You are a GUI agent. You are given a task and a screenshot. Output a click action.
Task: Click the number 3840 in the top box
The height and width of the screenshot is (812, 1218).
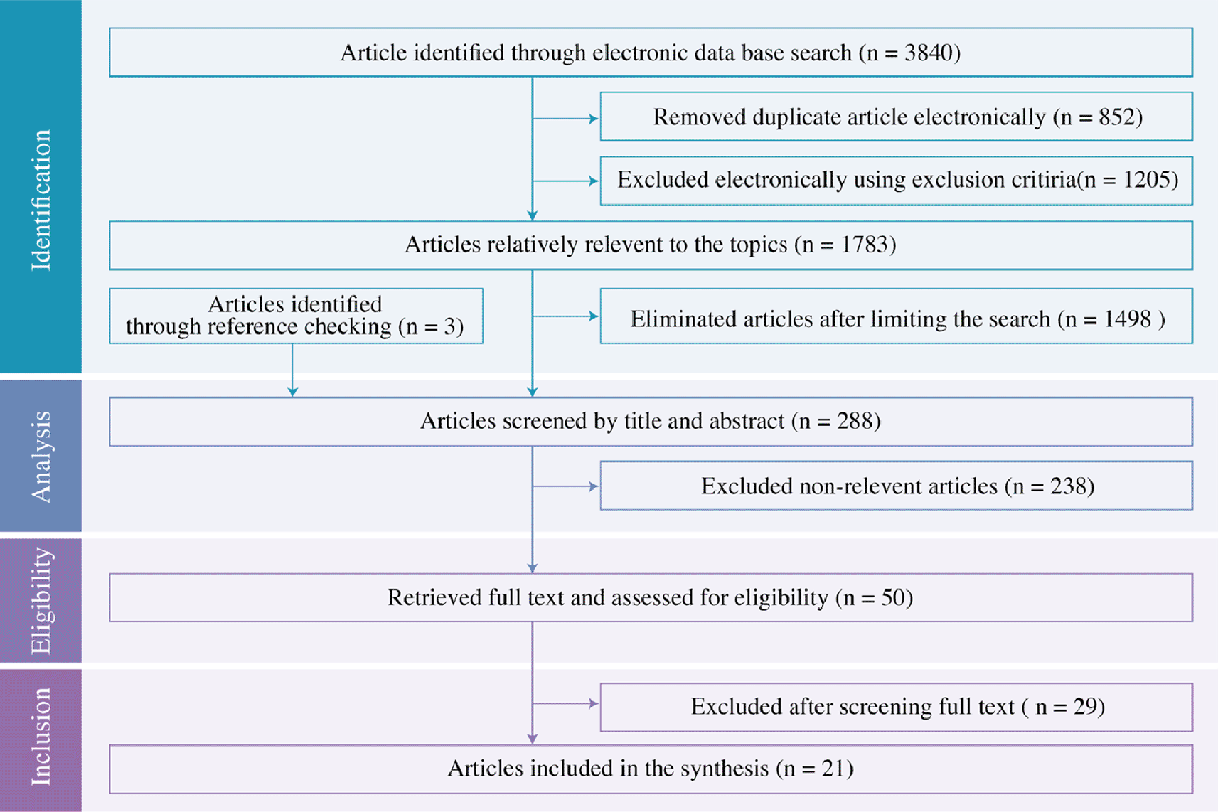[x=928, y=53]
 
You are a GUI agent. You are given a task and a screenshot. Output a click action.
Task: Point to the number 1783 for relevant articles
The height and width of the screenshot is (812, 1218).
[x=864, y=244]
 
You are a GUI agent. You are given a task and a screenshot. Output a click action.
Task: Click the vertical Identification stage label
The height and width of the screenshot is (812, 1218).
[x=41, y=200]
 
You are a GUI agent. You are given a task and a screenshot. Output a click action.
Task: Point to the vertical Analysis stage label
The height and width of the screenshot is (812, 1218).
[x=41, y=456]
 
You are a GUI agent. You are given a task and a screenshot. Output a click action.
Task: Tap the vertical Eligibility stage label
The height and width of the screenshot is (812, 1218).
[x=41, y=600]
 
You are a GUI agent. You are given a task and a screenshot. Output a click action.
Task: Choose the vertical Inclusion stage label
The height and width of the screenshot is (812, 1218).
[x=41, y=737]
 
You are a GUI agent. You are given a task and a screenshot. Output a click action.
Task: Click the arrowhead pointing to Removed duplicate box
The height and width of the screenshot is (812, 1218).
[x=594, y=119]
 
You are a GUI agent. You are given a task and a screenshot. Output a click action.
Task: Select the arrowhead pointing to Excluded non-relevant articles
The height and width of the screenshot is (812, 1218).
[x=594, y=486]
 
